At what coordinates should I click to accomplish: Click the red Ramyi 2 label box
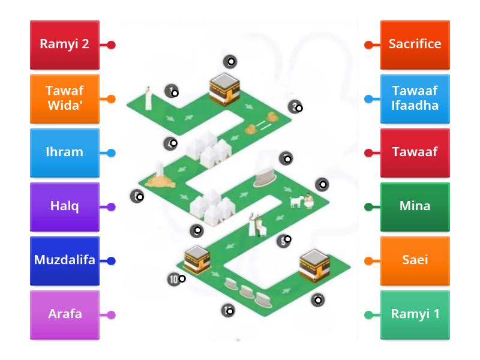coord(65,44)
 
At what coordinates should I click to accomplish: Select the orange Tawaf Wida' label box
coord(65,98)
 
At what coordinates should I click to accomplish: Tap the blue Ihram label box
coord(65,152)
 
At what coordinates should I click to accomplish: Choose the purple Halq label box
coord(65,206)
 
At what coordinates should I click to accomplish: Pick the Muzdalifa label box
coord(65,260)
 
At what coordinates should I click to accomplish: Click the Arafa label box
coord(65,314)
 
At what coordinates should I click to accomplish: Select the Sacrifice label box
coord(415,44)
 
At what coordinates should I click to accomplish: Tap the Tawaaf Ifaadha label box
coord(415,98)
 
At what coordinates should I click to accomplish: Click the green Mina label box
coord(415,206)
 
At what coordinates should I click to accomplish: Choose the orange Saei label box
coord(415,260)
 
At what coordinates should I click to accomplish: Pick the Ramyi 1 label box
coord(415,314)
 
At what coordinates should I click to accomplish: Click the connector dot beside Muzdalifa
coord(111,261)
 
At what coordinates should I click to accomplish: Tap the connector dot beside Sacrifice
coord(368,45)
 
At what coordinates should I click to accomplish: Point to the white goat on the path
coord(295,202)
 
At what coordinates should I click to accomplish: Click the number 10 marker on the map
coord(175,279)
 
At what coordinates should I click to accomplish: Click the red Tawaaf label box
coord(415,152)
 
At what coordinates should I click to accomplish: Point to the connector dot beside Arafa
coord(111,315)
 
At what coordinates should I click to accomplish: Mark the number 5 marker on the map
coord(283,241)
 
